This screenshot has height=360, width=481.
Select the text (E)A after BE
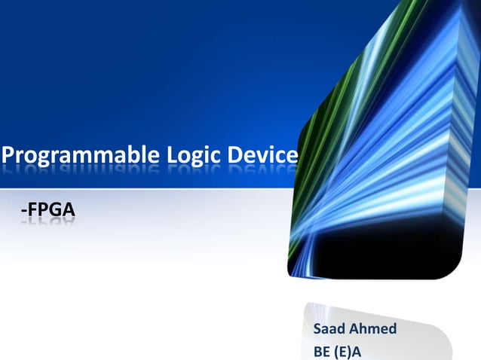coord(349,351)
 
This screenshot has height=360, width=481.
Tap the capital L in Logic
coord(170,155)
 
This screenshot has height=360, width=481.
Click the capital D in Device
coord(234,155)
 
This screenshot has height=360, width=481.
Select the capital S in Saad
coord(317,329)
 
